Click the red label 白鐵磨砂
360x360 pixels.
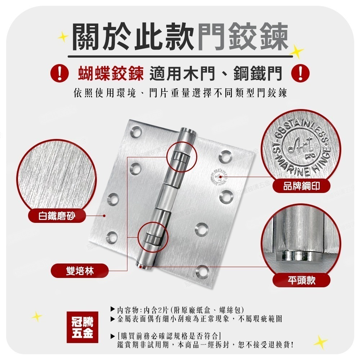click(x=57, y=216)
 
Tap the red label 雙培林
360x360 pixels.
click(x=80, y=271)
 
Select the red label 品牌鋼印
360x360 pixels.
click(x=301, y=186)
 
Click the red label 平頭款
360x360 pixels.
click(x=301, y=280)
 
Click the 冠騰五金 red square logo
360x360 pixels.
click(x=82, y=327)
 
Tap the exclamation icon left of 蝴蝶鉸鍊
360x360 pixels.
click(x=59, y=73)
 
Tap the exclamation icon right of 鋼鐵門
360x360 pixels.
click(x=300, y=73)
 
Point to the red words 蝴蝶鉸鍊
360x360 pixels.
click(x=111, y=73)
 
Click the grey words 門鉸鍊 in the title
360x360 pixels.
click(x=243, y=37)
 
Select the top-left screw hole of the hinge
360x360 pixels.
click(x=136, y=132)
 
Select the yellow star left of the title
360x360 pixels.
click(x=63, y=37)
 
